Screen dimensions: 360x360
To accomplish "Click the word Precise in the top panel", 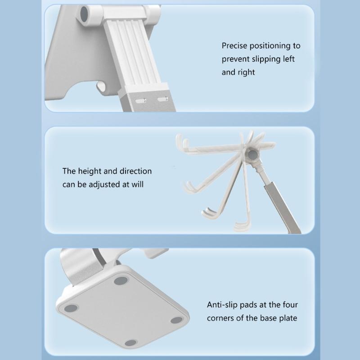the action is click(x=234, y=46).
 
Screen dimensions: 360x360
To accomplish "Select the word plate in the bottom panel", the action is click(x=288, y=319).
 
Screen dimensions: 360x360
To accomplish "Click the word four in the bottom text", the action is click(x=290, y=305).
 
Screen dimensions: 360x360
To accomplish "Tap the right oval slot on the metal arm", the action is click(x=162, y=99).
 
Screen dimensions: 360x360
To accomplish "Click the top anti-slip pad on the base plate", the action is click(x=121, y=280).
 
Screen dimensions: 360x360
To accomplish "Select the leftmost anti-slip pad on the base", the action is click(x=71, y=308).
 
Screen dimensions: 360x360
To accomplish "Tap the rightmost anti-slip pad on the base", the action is click(x=177, y=320).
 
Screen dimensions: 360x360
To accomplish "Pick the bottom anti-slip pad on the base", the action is click(x=131, y=343).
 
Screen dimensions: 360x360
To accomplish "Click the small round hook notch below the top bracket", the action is click(x=101, y=86).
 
